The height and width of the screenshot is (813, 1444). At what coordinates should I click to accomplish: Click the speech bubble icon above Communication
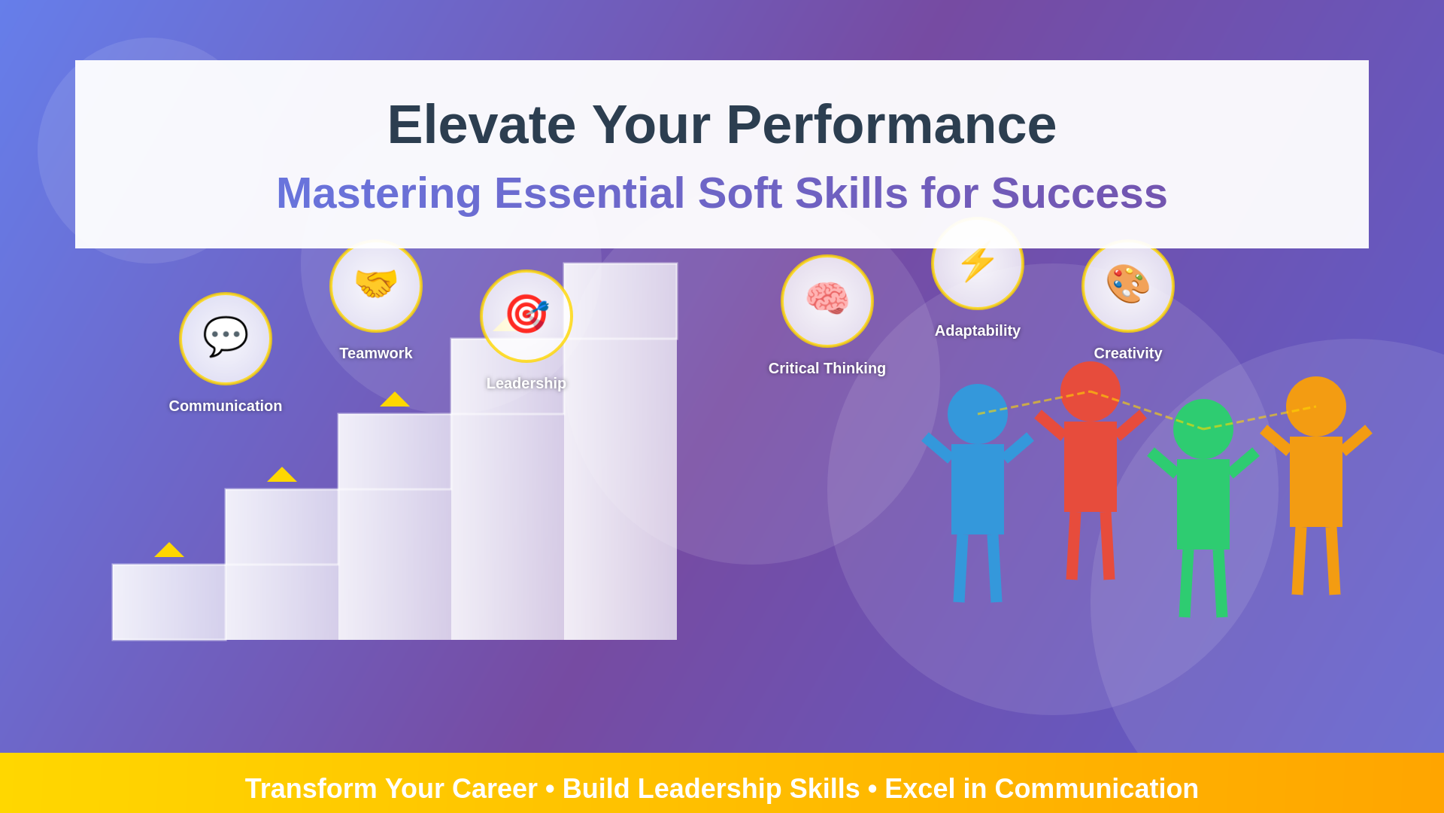click(x=226, y=336)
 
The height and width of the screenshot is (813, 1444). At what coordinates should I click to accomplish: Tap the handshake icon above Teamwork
click(x=376, y=284)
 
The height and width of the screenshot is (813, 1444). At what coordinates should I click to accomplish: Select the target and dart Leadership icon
click(x=526, y=314)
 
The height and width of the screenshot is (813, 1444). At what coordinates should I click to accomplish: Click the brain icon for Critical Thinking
click(x=827, y=298)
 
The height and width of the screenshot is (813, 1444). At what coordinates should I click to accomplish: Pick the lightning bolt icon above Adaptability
click(x=978, y=263)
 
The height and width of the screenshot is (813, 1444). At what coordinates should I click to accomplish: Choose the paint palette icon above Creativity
click(x=1128, y=284)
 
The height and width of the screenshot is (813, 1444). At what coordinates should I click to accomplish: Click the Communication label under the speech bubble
click(x=226, y=406)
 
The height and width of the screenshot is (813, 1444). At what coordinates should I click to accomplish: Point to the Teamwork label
click(x=376, y=353)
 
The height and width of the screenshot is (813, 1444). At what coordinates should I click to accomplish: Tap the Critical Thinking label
click(x=827, y=368)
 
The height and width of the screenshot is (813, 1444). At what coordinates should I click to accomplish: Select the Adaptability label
click(x=978, y=330)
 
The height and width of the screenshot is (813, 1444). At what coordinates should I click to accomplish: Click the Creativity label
click(x=1128, y=353)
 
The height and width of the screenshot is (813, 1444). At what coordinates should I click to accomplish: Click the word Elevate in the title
click(x=481, y=124)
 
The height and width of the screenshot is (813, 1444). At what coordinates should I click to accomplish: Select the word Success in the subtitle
click(x=1079, y=193)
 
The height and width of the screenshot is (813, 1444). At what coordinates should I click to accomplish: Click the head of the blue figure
click(x=978, y=414)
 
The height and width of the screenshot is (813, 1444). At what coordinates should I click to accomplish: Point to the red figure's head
click(x=1091, y=391)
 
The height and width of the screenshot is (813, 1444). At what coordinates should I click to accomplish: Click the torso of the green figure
click(x=1203, y=504)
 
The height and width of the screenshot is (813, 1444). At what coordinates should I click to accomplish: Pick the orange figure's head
click(x=1316, y=406)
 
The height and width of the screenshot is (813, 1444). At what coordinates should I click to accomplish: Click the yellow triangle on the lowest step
click(x=169, y=550)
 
